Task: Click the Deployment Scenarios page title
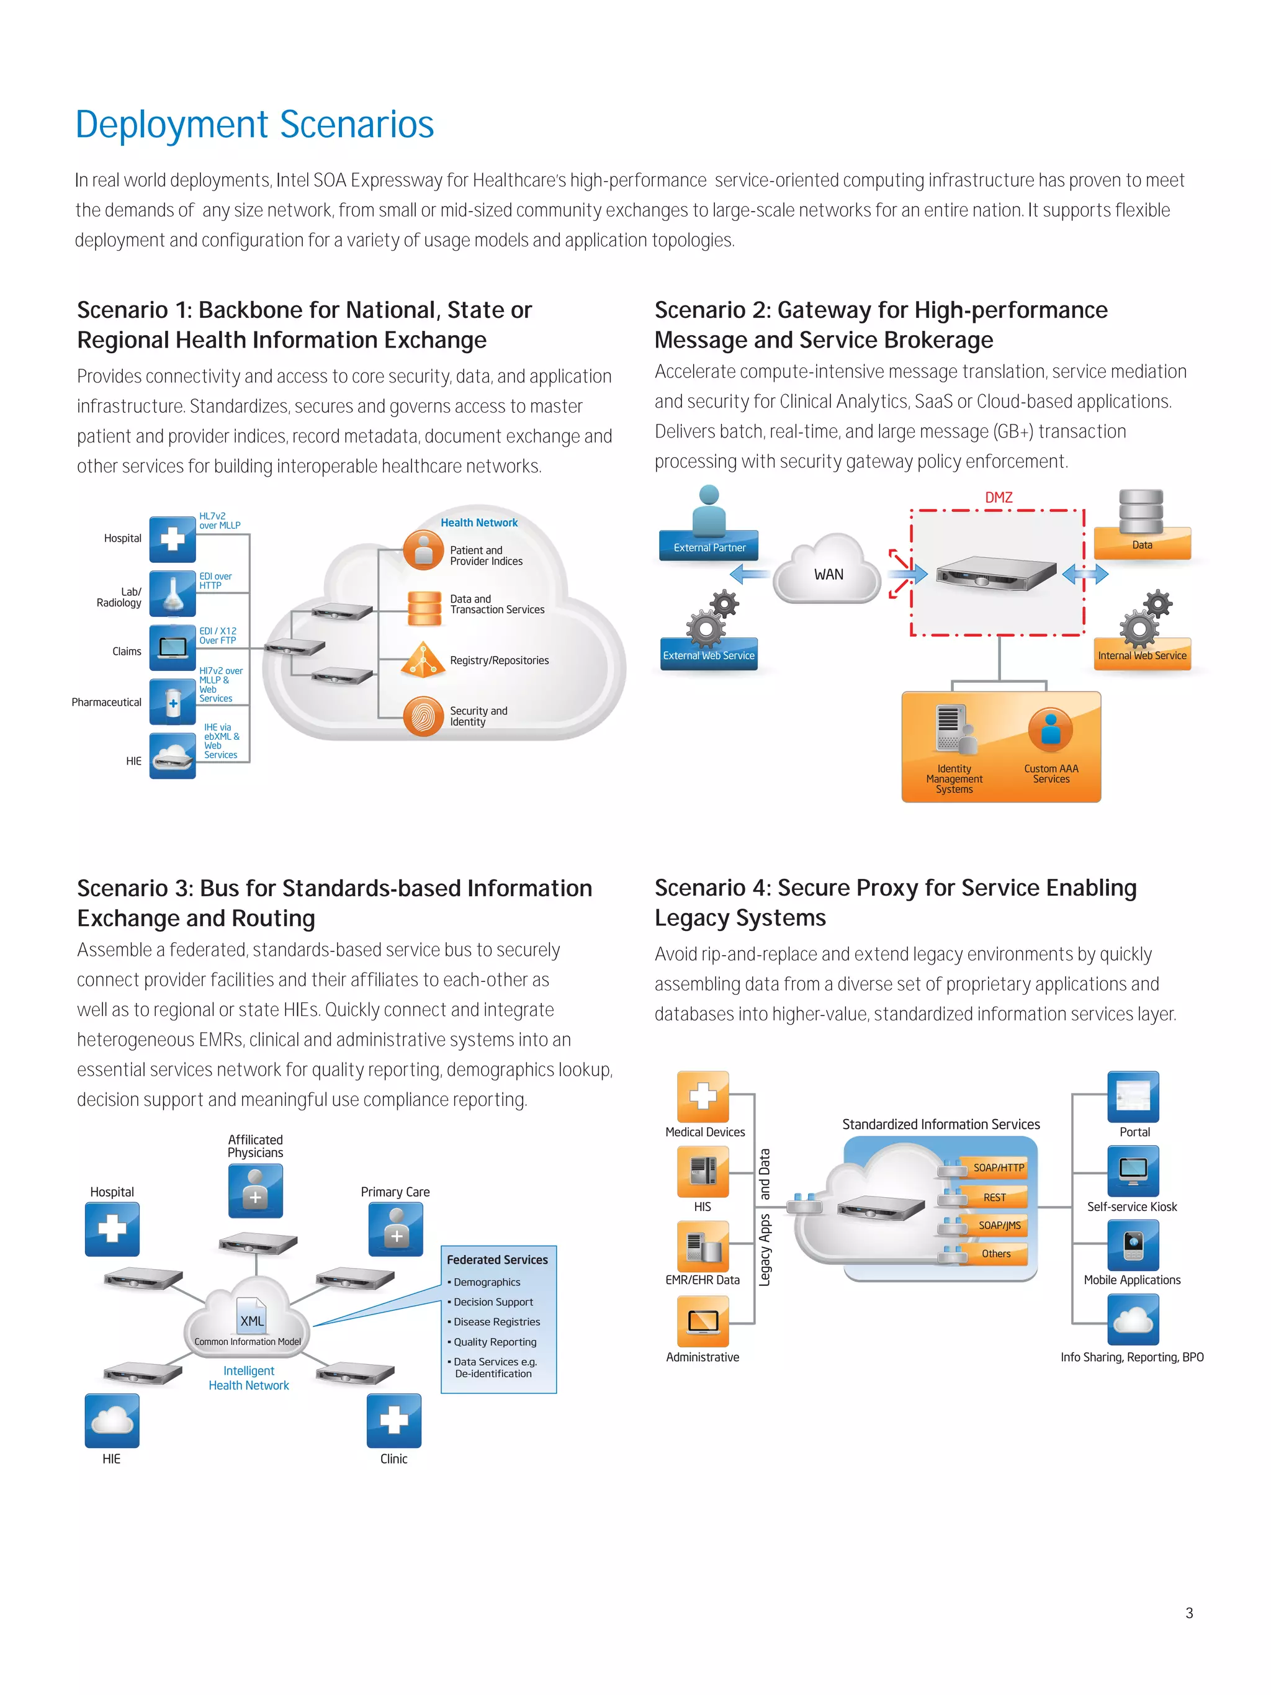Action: (254, 125)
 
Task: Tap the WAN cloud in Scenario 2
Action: (828, 572)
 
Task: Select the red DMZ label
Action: (999, 497)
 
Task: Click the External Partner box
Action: (709, 546)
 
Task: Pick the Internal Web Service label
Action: (1141, 655)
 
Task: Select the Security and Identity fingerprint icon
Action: (423, 716)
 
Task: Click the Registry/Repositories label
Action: (499, 660)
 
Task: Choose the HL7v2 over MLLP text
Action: (219, 521)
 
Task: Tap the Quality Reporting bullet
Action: (494, 1342)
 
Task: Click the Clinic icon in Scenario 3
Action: (394, 1420)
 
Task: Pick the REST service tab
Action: (994, 1197)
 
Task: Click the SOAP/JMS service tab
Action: (999, 1225)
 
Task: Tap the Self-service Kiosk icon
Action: (1133, 1170)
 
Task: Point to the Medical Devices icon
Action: (703, 1097)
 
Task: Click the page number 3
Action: (1189, 1613)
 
